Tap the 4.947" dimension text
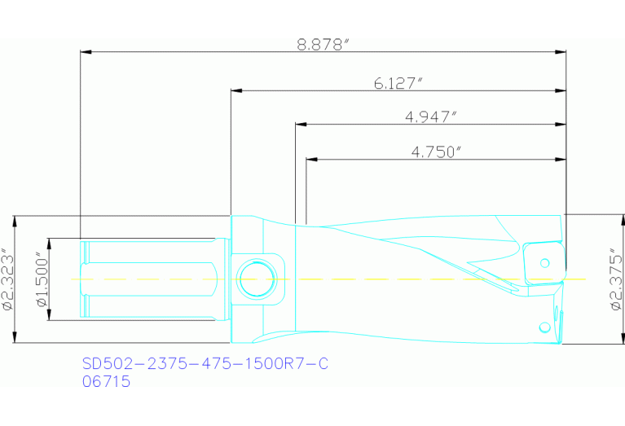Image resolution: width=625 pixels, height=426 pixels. click(x=430, y=116)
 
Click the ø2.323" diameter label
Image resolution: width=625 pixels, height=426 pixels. click(x=7, y=279)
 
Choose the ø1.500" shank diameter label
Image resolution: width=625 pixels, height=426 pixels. click(x=42, y=279)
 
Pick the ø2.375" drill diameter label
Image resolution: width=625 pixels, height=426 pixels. click(x=615, y=279)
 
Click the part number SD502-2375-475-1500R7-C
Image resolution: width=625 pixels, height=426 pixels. click(x=205, y=363)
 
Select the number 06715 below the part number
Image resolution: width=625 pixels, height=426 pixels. click(x=107, y=380)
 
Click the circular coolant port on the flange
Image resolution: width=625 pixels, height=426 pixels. click(x=255, y=279)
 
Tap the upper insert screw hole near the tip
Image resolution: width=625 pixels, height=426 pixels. click(x=545, y=262)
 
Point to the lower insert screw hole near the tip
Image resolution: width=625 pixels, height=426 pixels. click(x=544, y=327)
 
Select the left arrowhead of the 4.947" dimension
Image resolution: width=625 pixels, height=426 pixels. click(x=301, y=125)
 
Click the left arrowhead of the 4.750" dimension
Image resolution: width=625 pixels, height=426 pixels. click(x=311, y=159)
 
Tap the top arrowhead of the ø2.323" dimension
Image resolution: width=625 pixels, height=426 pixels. click(x=17, y=221)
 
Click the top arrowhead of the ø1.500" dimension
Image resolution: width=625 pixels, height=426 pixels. click(x=50, y=243)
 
